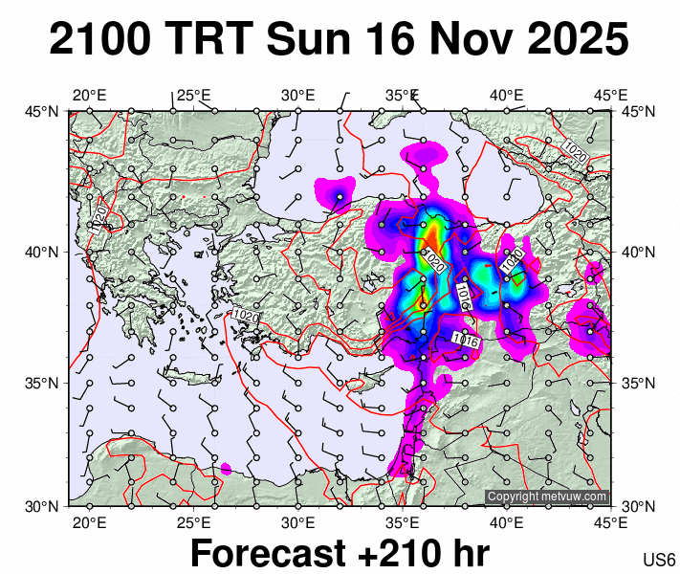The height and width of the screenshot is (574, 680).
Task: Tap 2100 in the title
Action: (100, 40)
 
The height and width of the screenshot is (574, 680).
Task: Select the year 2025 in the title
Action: (572, 40)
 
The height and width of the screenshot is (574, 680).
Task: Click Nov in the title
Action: (461, 40)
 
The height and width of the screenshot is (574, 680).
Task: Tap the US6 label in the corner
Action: (660, 559)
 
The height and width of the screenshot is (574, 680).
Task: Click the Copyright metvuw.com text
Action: (547, 497)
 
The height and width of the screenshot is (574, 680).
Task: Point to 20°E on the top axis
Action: (89, 95)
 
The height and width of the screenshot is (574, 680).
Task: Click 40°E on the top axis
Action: (506, 95)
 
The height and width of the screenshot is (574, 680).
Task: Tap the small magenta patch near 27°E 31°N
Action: (226, 469)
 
